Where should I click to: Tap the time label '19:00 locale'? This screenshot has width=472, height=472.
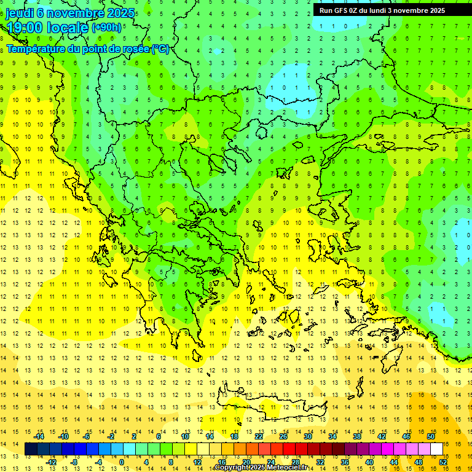point(48,27)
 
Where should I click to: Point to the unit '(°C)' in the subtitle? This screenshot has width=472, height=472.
point(160,49)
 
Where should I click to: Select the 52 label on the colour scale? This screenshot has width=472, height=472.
point(443,462)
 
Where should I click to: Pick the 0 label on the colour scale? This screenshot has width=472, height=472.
point(121,462)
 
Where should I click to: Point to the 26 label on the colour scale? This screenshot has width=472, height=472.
point(283,436)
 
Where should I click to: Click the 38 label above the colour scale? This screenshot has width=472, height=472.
point(356,436)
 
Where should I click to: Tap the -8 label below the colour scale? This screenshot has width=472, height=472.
point(74,462)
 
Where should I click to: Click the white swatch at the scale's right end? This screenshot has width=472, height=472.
point(436,449)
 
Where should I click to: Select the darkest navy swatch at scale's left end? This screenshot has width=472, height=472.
point(31,449)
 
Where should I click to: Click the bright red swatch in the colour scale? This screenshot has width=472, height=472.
point(289,449)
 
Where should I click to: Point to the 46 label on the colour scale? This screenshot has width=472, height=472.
point(406,436)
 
